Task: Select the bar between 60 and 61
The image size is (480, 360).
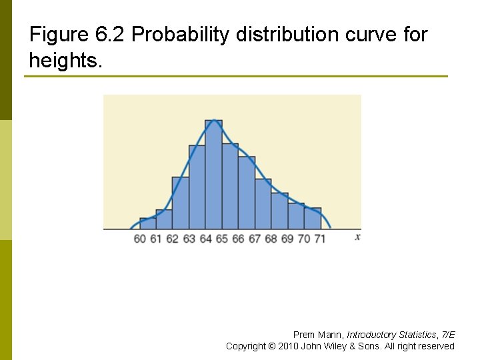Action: pos(147,223)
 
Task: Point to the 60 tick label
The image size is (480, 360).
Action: pos(139,238)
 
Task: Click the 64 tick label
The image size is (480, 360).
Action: pos(205,238)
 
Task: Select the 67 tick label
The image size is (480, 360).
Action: pos(255,238)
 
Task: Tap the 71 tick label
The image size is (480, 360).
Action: pos(320,238)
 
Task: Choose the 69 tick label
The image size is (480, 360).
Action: pos(287,238)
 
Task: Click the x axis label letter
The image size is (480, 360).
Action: pos(358,237)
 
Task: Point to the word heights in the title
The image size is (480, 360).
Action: pos(64,61)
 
